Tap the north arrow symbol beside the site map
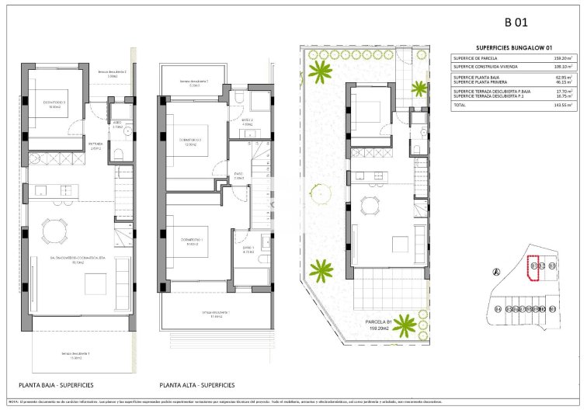[496, 271]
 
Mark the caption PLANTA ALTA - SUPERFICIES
[197, 385]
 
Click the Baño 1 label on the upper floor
[248, 252]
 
